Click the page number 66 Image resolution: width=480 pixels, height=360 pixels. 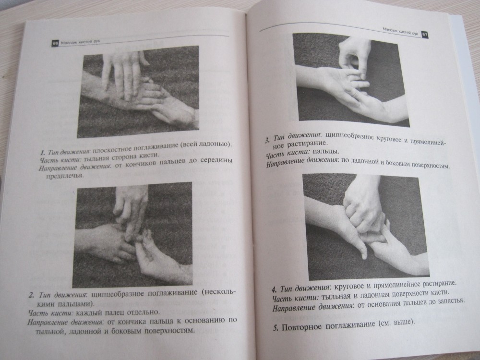(55, 44)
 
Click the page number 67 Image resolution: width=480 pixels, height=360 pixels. (425, 34)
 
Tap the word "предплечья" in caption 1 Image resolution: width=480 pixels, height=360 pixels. (65, 176)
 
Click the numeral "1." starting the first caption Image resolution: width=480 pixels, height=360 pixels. (43, 153)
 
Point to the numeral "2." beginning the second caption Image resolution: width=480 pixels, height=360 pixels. (32, 295)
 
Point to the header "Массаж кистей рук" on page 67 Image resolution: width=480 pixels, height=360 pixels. (400, 32)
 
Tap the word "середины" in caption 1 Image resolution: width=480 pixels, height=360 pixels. (216, 160)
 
